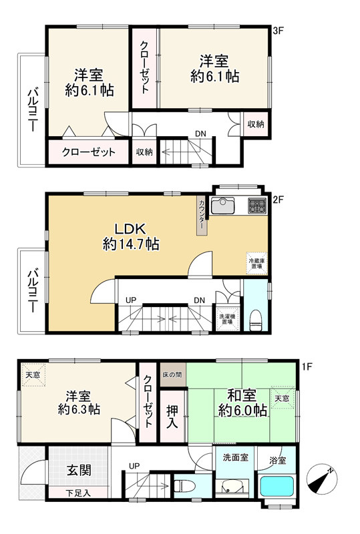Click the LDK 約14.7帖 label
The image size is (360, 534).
(130, 237)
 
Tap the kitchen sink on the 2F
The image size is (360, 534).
(222, 206)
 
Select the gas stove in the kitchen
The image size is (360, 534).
(257, 206)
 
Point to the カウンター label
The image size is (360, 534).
(202, 215)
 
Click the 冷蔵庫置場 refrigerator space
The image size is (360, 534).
(257, 263)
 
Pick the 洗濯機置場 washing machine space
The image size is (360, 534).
(227, 319)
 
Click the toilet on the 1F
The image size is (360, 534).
(184, 486)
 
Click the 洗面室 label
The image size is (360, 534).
(236, 457)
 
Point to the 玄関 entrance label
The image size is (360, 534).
(79, 471)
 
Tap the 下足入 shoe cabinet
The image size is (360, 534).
(78, 493)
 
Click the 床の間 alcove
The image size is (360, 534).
(172, 374)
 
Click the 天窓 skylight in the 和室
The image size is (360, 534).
(282, 398)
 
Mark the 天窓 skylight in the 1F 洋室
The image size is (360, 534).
(33, 375)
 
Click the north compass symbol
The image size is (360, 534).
(322, 479)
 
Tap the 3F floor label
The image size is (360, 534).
(278, 31)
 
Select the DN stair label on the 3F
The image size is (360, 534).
(200, 134)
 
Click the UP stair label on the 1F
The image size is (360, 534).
(134, 466)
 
